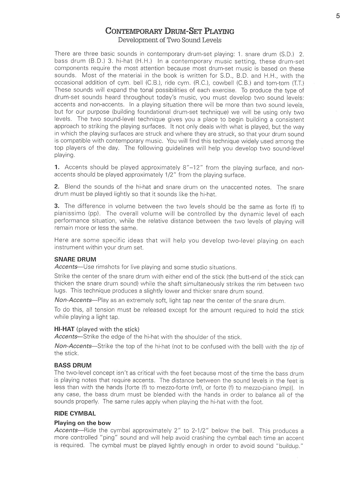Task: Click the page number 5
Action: click(338, 16)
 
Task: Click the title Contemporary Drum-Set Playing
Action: click(170, 31)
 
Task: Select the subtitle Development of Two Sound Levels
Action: click(170, 40)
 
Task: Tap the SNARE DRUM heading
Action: click(75, 260)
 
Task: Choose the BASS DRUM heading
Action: click(73, 365)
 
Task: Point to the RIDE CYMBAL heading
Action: click(75, 413)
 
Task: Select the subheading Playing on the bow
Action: click(82, 423)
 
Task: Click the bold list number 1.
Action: click(57, 167)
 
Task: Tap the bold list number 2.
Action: click(57, 187)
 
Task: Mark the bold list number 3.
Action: click(57, 206)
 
